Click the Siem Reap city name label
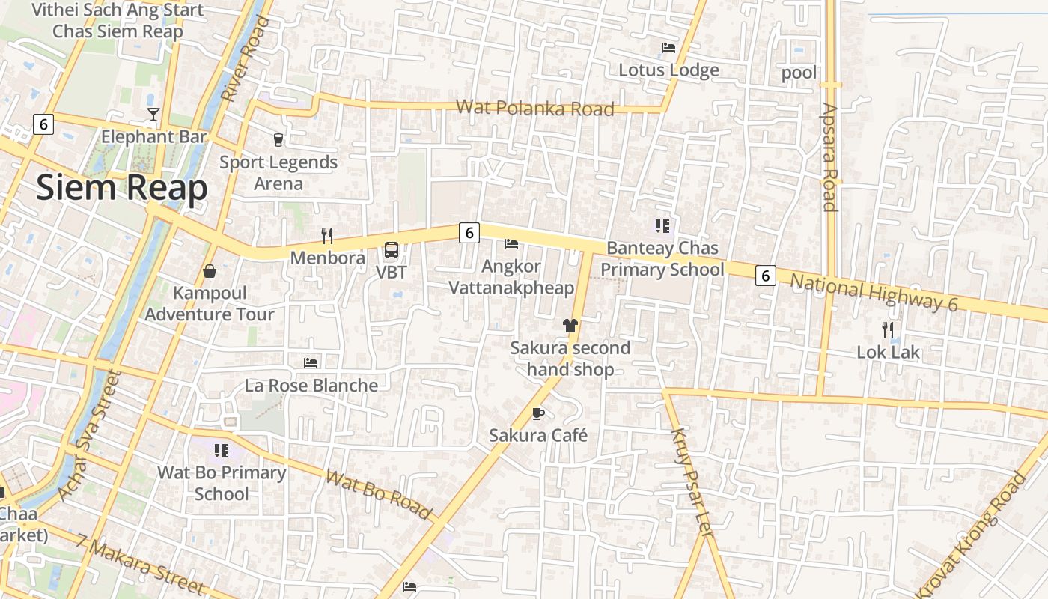pyautogui.click(x=121, y=188)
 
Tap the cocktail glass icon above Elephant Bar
pyautogui.click(x=153, y=115)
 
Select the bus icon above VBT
pyautogui.click(x=392, y=250)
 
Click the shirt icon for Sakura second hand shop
pyautogui.click(x=570, y=325)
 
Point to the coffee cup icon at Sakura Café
pyautogui.click(x=538, y=413)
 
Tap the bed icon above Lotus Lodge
pyautogui.click(x=668, y=48)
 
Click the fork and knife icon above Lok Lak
pyautogui.click(x=888, y=329)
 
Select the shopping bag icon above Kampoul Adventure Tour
pyautogui.click(x=210, y=270)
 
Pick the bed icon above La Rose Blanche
pyautogui.click(x=311, y=363)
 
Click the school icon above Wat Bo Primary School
pyautogui.click(x=221, y=450)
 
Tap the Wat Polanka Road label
pyautogui.click(x=534, y=108)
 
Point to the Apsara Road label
pyautogui.click(x=829, y=157)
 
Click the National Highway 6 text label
pyautogui.click(x=874, y=292)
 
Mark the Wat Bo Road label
pyautogui.click(x=379, y=494)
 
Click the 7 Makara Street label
pyautogui.click(x=139, y=565)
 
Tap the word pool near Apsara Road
pyautogui.click(x=799, y=73)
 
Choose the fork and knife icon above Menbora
pyautogui.click(x=326, y=236)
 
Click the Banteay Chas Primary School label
pyautogui.click(x=662, y=258)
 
